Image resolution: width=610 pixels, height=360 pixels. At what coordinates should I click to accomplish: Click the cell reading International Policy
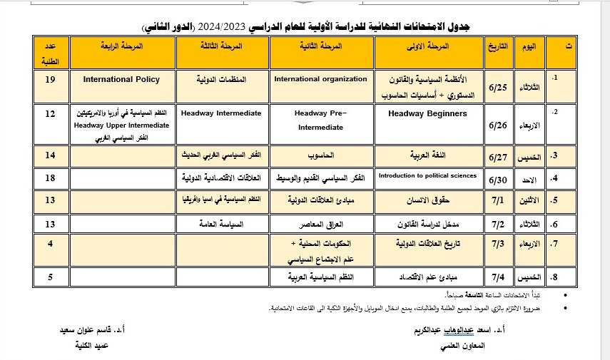[121, 79]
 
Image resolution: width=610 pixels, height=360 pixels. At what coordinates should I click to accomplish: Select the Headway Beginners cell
[428, 113]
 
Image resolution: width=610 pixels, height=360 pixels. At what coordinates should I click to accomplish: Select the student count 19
[50, 79]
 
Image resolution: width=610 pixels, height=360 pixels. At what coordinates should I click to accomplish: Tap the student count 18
[50, 177]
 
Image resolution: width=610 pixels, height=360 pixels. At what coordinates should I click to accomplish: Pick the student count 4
[50, 243]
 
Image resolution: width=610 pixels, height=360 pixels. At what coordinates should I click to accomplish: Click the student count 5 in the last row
[50, 276]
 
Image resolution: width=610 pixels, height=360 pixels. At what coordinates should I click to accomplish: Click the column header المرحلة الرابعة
[121, 46]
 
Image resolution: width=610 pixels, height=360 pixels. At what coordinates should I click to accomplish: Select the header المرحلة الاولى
[428, 46]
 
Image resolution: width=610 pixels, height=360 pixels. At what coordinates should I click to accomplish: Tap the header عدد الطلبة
[50, 52]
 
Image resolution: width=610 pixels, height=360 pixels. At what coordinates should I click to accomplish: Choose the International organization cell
[320, 79]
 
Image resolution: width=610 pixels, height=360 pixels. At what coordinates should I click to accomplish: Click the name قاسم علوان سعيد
[90, 331]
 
